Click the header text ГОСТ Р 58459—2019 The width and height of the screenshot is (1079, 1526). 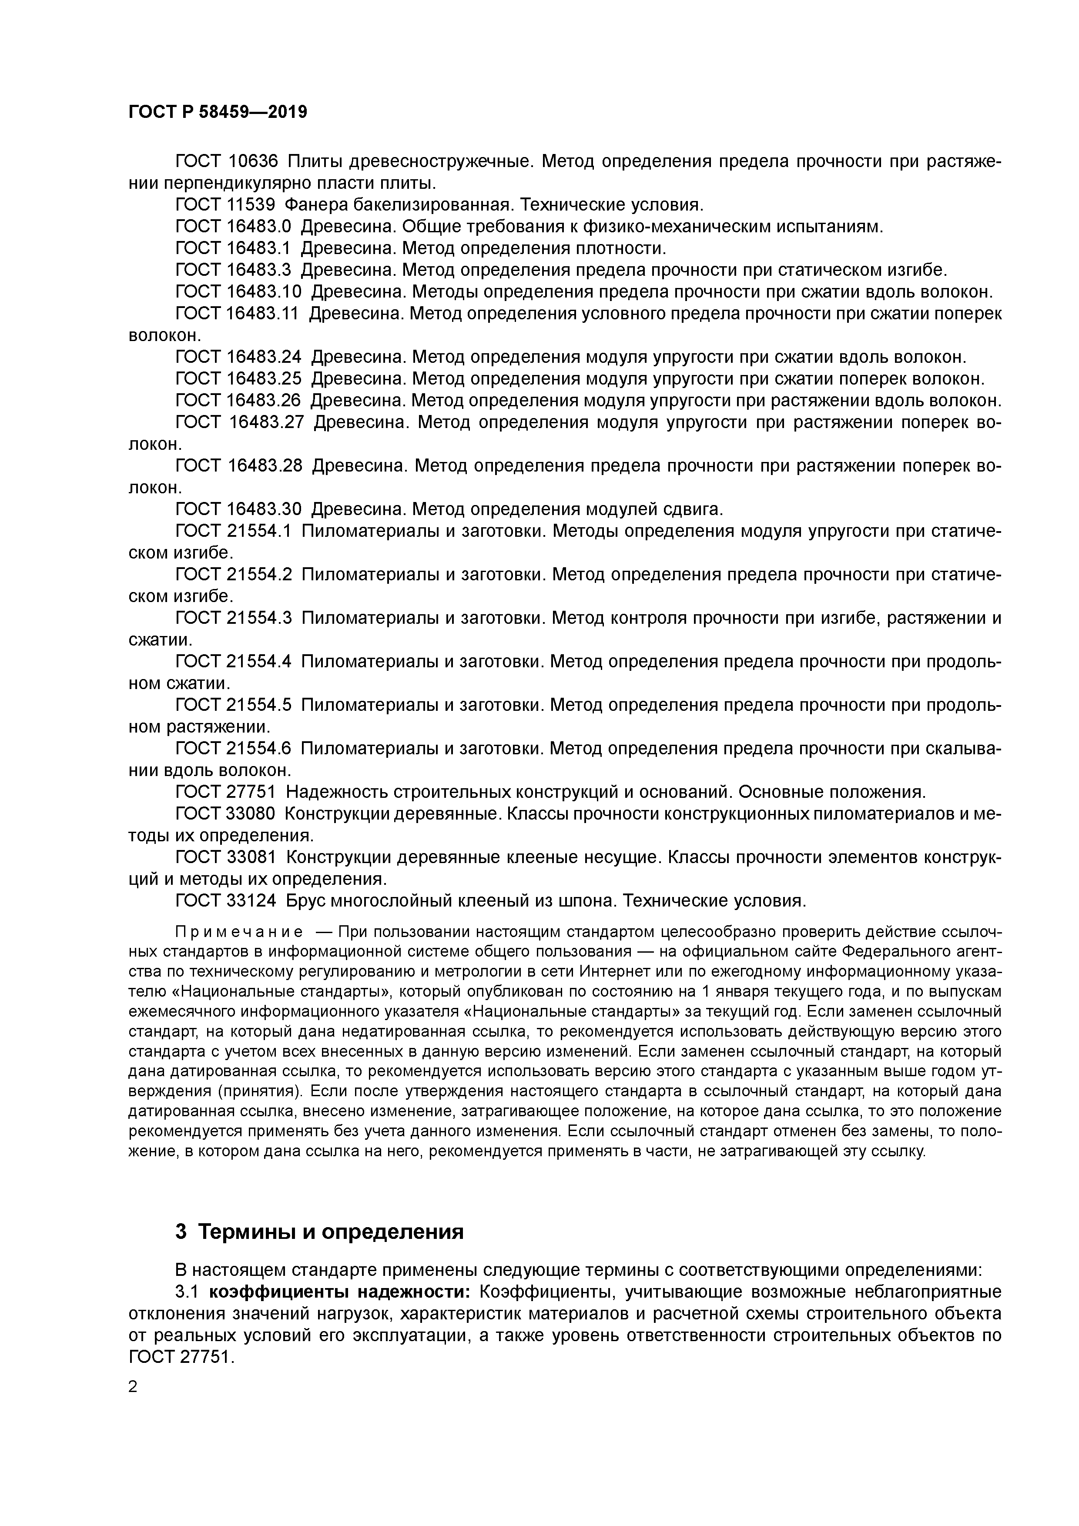(218, 112)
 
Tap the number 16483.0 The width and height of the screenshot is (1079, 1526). (259, 227)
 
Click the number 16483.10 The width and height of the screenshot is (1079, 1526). (264, 292)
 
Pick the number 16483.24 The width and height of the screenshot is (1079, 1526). (264, 358)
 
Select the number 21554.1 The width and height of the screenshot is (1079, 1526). (259, 531)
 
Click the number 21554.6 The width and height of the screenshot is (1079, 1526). (259, 749)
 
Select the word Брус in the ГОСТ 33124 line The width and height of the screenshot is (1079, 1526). (306, 901)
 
